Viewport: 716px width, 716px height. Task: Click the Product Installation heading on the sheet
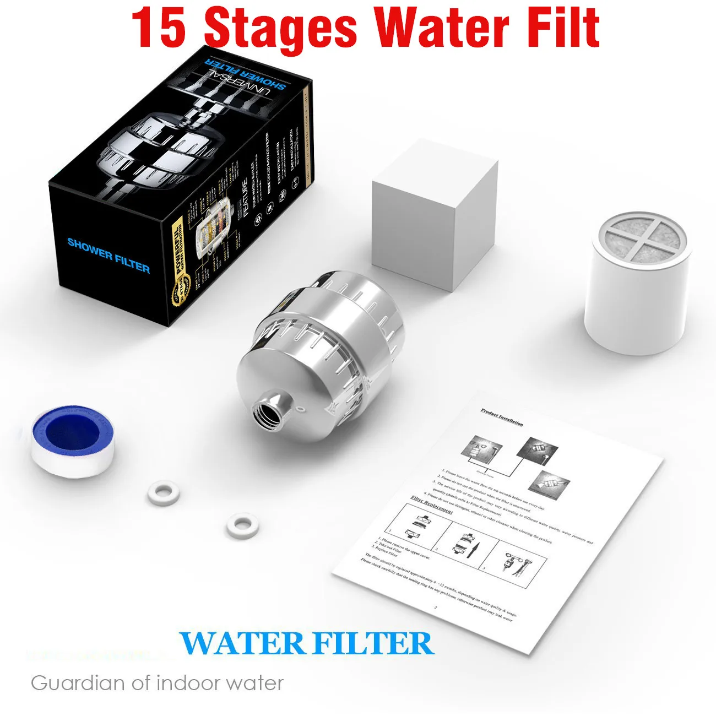click(x=502, y=417)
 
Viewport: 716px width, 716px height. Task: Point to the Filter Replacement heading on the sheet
click(x=432, y=504)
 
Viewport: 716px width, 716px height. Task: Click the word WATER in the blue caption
click(x=241, y=643)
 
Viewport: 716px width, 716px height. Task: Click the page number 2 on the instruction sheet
click(x=436, y=607)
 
